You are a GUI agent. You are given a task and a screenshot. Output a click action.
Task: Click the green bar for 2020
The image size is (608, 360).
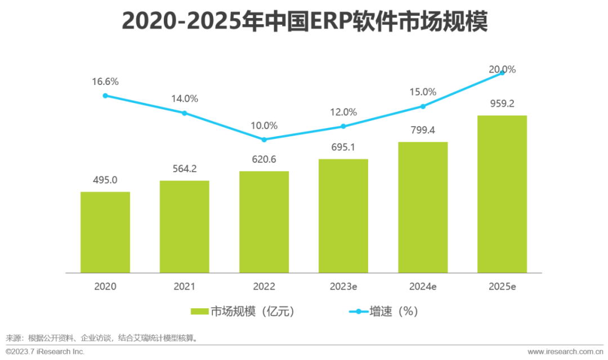click(x=105, y=232)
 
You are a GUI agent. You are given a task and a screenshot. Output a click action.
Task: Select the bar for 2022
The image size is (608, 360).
click(x=264, y=222)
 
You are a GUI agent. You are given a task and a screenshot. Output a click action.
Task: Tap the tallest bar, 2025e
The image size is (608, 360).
click(x=502, y=194)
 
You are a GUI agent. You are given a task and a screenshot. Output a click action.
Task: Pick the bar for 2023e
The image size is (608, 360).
click(x=343, y=216)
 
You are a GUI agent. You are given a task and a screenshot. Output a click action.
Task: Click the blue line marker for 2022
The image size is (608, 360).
click(x=264, y=139)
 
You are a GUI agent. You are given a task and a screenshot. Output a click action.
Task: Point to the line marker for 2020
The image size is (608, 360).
click(x=105, y=96)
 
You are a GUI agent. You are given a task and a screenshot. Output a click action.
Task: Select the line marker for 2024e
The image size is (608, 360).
click(x=423, y=106)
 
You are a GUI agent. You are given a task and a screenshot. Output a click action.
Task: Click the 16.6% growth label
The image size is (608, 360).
click(x=105, y=82)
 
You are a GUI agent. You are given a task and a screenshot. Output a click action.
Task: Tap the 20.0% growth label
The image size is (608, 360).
click(x=502, y=70)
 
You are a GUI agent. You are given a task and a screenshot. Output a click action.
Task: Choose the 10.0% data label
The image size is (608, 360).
click(x=264, y=125)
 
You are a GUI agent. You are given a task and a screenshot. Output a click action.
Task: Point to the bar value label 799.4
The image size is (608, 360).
click(x=423, y=130)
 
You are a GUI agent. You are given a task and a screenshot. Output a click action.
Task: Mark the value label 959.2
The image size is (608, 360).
click(x=502, y=103)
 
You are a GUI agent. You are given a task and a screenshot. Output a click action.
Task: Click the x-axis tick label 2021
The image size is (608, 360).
click(x=185, y=286)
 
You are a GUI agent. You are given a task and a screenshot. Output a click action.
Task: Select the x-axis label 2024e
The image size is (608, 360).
click(x=423, y=286)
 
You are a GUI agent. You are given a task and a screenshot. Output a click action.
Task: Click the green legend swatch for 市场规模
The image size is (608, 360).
click(x=200, y=311)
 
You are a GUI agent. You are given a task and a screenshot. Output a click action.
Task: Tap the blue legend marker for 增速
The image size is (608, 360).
click(x=358, y=311)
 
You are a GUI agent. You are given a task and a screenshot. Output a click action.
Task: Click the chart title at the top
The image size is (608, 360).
click(x=304, y=22)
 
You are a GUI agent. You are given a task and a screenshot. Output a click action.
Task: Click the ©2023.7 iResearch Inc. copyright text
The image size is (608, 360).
click(x=45, y=352)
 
